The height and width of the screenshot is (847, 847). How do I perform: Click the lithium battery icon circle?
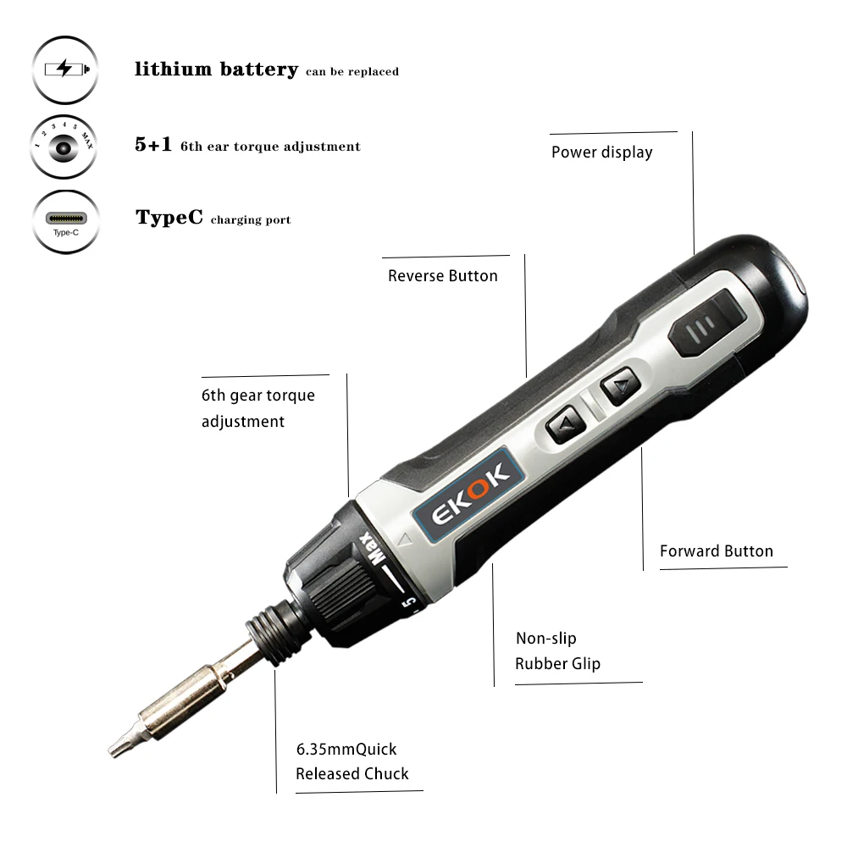[x=65, y=69]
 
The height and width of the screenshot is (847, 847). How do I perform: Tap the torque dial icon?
[x=65, y=147]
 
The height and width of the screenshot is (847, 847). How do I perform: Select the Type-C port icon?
[x=65, y=220]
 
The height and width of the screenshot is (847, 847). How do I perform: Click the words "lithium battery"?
[x=216, y=69]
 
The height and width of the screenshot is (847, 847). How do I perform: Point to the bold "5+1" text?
[x=153, y=146]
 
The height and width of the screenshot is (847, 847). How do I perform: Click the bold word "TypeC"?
[x=169, y=218]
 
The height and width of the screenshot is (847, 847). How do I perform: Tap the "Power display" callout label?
[x=601, y=152]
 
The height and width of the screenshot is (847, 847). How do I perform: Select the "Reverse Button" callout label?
[x=443, y=276]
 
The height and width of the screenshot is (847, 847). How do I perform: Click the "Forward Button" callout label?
[x=717, y=551]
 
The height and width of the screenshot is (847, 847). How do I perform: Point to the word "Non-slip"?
[x=546, y=639]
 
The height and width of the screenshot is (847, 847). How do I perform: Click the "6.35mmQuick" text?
[x=346, y=750]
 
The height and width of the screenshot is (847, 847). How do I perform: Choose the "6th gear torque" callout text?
[x=258, y=396]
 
